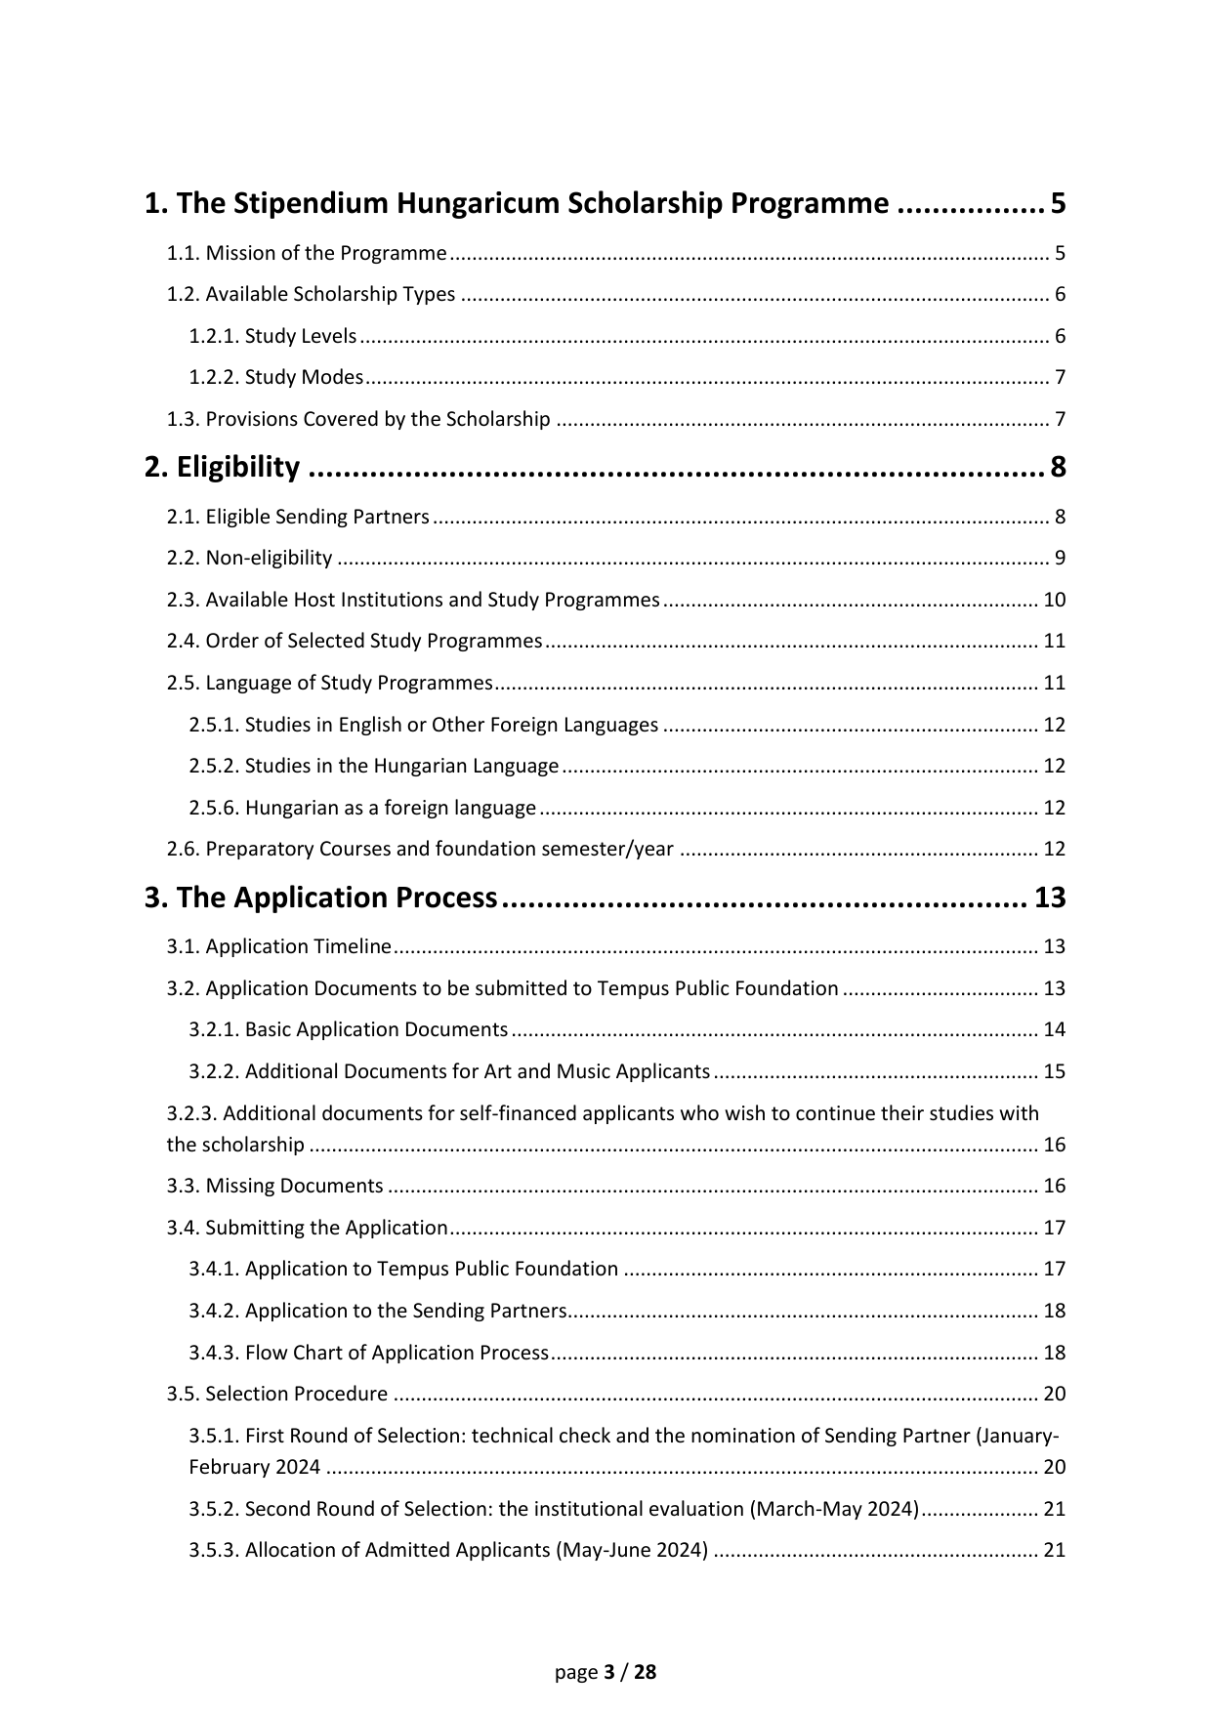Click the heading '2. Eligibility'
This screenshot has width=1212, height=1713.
point(222,468)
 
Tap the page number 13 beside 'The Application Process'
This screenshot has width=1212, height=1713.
point(1050,898)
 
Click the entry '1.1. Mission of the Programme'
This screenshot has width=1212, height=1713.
point(306,254)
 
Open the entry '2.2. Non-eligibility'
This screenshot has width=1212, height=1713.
point(249,559)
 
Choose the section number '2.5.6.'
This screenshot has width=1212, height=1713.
point(214,808)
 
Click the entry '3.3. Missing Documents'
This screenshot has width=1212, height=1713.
point(274,1186)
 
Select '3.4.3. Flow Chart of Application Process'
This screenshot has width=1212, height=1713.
point(368,1353)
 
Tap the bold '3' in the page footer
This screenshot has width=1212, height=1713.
point(609,1672)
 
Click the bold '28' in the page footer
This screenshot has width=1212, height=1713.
point(646,1672)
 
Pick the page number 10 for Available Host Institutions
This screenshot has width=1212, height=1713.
point(1054,600)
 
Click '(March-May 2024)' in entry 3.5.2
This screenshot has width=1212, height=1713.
point(834,1509)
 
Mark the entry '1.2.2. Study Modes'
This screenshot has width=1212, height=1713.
point(275,378)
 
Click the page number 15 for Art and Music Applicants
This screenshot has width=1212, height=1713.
point(1054,1071)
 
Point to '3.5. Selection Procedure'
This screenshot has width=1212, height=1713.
point(276,1394)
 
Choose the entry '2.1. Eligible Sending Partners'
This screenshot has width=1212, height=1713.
point(297,517)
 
